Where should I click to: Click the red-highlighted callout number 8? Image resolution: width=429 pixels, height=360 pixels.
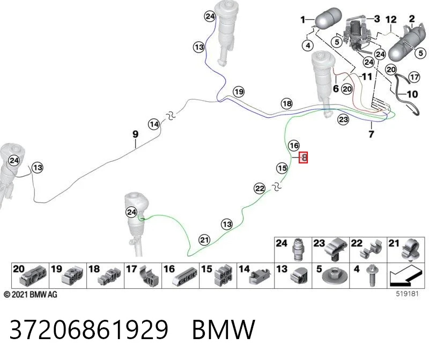click(303, 157)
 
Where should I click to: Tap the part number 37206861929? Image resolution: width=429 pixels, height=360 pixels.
click(88, 329)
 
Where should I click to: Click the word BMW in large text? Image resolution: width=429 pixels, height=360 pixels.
click(224, 329)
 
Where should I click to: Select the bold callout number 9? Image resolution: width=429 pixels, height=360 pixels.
click(136, 134)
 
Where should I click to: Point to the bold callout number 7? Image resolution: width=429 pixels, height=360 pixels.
click(371, 134)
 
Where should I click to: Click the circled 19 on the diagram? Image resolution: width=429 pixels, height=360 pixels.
click(239, 92)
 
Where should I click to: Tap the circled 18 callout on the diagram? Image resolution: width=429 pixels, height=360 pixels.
click(287, 103)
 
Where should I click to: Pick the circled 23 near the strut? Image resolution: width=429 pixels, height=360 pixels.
click(343, 119)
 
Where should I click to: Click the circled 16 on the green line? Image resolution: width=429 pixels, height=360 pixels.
click(294, 145)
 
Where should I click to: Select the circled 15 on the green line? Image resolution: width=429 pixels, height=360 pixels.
click(282, 168)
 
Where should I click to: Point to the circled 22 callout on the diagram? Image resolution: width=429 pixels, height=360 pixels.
click(260, 189)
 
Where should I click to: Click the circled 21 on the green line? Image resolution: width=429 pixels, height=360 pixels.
click(204, 240)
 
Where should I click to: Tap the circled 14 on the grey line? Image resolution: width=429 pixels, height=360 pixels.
click(154, 125)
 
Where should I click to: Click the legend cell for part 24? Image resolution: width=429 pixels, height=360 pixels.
click(293, 250)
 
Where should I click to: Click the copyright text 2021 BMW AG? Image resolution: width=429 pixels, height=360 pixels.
click(31, 295)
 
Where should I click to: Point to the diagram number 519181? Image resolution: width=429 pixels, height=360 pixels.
click(407, 294)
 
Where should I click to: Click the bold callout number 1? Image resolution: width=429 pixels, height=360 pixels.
click(302, 20)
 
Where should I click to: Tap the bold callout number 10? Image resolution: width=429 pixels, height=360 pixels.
click(412, 94)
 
